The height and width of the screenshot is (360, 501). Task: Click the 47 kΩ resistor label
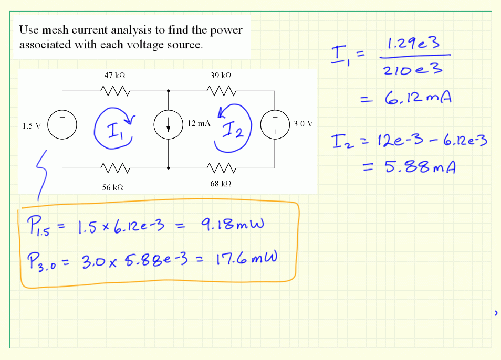click(x=115, y=76)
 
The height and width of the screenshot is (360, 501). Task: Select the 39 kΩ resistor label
click(x=221, y=76)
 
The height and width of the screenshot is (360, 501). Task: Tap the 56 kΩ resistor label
click(x=112, y=187)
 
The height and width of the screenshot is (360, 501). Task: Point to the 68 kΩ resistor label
click(x=221, y=184)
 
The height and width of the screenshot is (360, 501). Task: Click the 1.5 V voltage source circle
click(x=62, y=125)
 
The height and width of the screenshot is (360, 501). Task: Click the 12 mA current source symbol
click(x=169, y=125)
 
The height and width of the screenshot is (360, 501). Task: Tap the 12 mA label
click(x=199, y=123)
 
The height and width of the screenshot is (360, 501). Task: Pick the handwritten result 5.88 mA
click(x=417, y=167)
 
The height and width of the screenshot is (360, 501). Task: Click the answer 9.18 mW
click(x=232, y=226)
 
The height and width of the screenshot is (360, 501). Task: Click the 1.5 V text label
click(x=32, y=125)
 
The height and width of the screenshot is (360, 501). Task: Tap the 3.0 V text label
click(x=303, y=124)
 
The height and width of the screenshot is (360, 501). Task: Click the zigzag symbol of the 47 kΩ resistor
click(x=115, y=91)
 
